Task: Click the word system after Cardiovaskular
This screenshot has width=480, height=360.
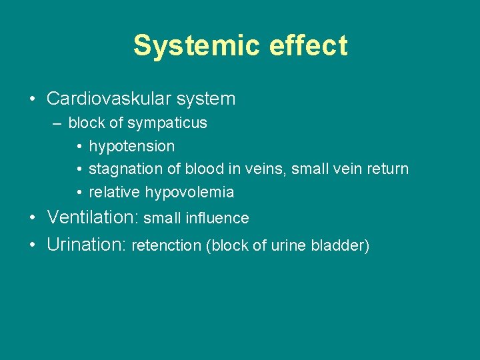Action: tap(210, 99)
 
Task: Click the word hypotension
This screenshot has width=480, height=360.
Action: tap(132, 146)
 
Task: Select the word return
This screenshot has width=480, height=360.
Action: tap(388, 169)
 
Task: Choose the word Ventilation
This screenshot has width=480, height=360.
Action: tap(92, 217)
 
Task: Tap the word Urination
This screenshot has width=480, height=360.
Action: tap(87, 245)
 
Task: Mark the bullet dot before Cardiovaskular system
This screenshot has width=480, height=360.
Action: tap(33, 100)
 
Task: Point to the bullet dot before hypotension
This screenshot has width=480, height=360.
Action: tap(79, 147)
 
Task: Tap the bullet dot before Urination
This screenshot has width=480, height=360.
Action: tap(33, 245)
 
